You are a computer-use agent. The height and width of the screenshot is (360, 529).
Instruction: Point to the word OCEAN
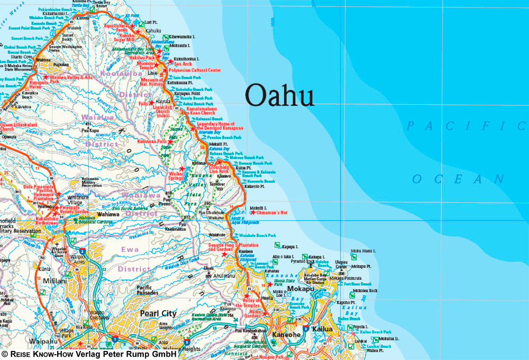point(458,179)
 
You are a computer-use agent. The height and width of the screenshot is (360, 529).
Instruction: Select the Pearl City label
point(158,313)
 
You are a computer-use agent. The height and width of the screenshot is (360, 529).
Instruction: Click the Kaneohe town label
point(286,335)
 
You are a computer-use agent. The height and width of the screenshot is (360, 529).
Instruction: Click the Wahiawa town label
point(110,215)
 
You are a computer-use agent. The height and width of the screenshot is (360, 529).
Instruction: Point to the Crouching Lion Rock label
point(219,170)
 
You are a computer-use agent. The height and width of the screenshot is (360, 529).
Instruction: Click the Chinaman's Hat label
point(268,212)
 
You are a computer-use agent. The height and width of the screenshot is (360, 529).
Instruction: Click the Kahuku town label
point(153,31)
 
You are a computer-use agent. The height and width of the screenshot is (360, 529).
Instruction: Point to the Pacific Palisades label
point(144,290)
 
